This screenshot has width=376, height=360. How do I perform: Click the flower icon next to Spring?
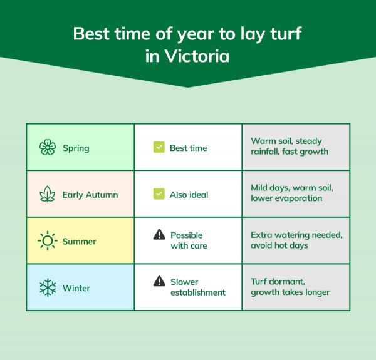click(x=48, y=148)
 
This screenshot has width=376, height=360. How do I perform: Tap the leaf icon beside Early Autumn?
click(x=48, y=194)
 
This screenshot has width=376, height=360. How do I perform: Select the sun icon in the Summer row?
click(x=48, y=241)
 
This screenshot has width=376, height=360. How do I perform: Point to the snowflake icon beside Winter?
click(x=48, y=288)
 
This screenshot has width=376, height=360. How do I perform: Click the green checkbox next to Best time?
click(x=159, y=148)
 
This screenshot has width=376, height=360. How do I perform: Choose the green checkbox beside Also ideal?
click(x=159, y=194)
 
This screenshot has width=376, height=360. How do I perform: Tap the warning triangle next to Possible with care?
click(x=159, y=235)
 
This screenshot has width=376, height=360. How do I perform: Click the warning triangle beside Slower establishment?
click(x=159, y=282)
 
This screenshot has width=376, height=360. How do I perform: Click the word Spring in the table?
click(x=76, y=148)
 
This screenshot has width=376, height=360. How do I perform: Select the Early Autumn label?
click(x=90, y=195)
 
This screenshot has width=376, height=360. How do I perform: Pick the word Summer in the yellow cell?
click(x=80, y=241)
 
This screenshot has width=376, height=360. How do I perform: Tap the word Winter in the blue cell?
click(x=76, y=288)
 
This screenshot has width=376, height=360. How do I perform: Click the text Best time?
click(x=188, y=148)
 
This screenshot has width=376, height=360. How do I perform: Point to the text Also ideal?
click(x=189, y=195)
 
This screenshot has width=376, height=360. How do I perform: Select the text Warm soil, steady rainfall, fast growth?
click(x=290, y=147)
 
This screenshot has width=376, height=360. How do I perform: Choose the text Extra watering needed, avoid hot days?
click(x=296, y=240)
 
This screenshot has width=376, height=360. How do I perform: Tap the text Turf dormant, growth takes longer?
click(x=290, y=287)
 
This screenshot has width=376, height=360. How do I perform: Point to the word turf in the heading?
click(x=282, y=33)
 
